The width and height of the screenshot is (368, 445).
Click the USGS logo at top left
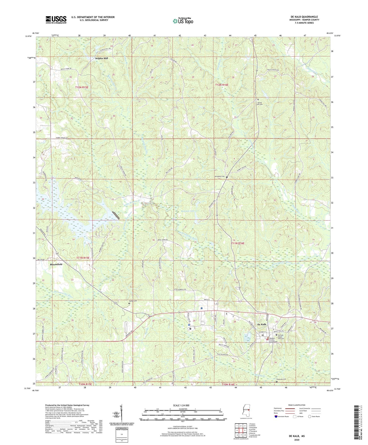(x=56, y=20)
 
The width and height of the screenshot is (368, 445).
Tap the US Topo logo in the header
(x=183, y=21)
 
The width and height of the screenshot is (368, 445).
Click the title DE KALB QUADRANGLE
(x=304, y=17)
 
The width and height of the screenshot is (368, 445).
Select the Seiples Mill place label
(x=101, y=58)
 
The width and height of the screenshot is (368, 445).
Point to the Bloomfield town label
(x=56, y=264)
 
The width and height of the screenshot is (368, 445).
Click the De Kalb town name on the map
(x=262, y=324)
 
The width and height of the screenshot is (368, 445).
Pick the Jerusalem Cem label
(x=220, y=177)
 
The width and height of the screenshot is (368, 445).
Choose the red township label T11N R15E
(x=83, y=258)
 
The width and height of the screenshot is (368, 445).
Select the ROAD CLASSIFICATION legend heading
(x=297, y=405)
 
